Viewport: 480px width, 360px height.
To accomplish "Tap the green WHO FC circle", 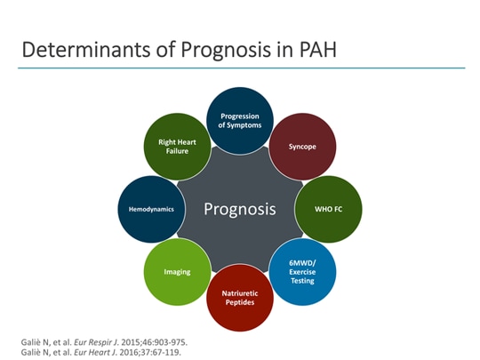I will [329, 210].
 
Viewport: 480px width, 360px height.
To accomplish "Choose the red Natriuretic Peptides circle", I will [240, 297].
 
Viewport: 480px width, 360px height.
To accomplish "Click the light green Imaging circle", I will [177, 271].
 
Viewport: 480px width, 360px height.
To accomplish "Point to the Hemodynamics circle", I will [152, 210].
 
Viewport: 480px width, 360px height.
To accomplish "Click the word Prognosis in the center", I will [240, 210].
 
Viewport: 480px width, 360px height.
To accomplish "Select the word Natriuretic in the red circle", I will [240, 292].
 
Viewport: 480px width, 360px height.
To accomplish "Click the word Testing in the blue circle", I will [302, 280].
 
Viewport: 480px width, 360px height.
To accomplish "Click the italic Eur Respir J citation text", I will [92, 341].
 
